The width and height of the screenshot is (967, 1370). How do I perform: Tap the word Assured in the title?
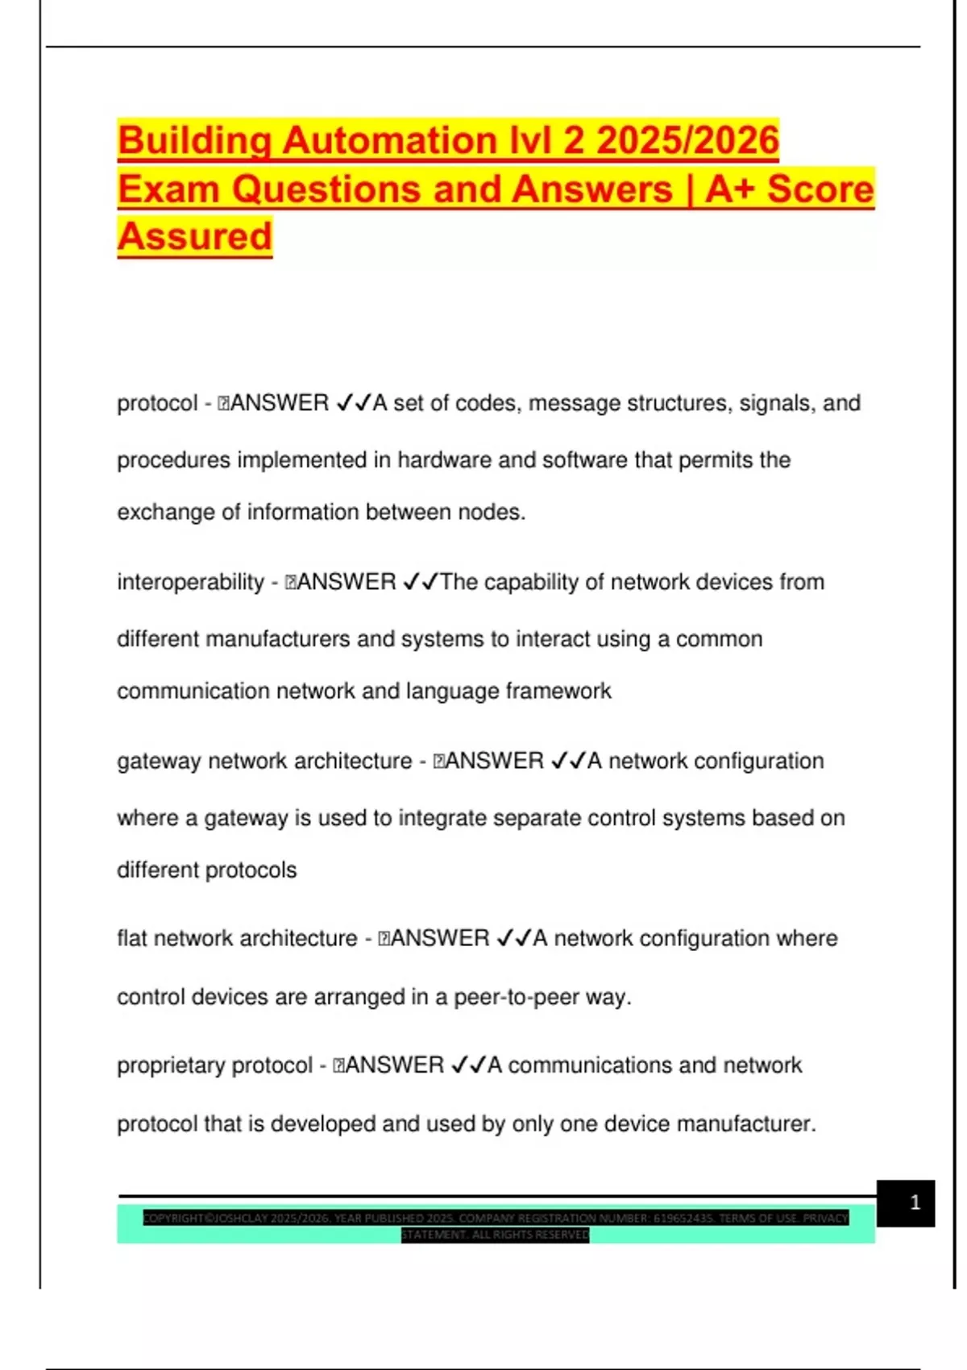point(195,236)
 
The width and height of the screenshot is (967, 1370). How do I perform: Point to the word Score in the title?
point(820,189)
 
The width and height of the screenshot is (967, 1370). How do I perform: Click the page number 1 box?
point(906,1203)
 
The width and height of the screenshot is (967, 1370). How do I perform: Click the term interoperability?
point(191,582)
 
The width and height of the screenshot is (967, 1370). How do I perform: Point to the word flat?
point(132,938)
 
